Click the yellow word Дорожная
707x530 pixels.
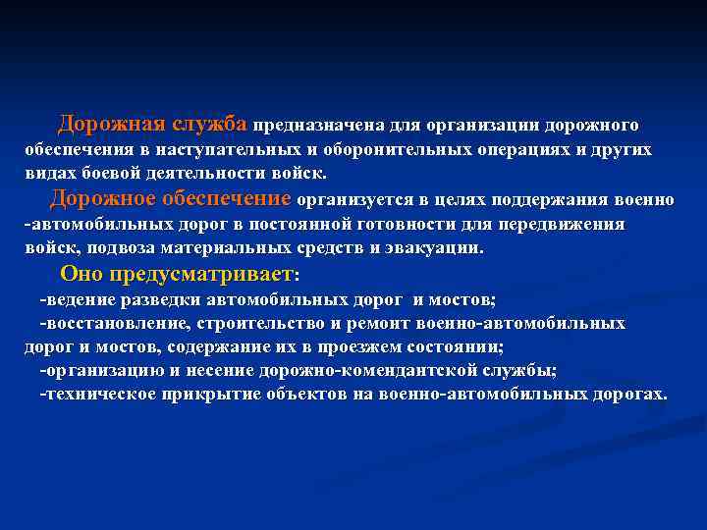coord(111,124)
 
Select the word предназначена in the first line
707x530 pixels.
coord(319,126)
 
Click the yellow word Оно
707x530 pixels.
coord(82,273)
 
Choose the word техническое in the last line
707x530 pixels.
coord(97,395)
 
